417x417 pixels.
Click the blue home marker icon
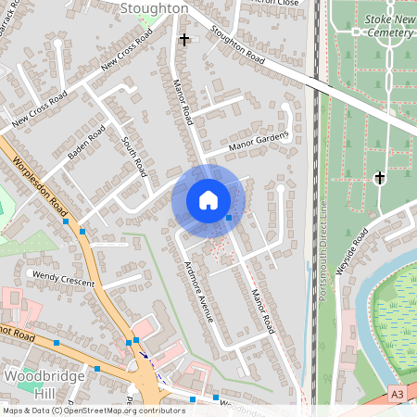[208, 200]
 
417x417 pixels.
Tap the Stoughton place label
[154, 8]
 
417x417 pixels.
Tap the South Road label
[134, 156]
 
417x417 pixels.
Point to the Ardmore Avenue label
[197, 289]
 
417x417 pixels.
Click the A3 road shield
[397, 394]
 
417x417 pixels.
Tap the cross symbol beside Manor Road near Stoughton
[184, 40]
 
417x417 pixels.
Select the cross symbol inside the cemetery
[379, 177]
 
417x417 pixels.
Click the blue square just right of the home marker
[229, 217]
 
